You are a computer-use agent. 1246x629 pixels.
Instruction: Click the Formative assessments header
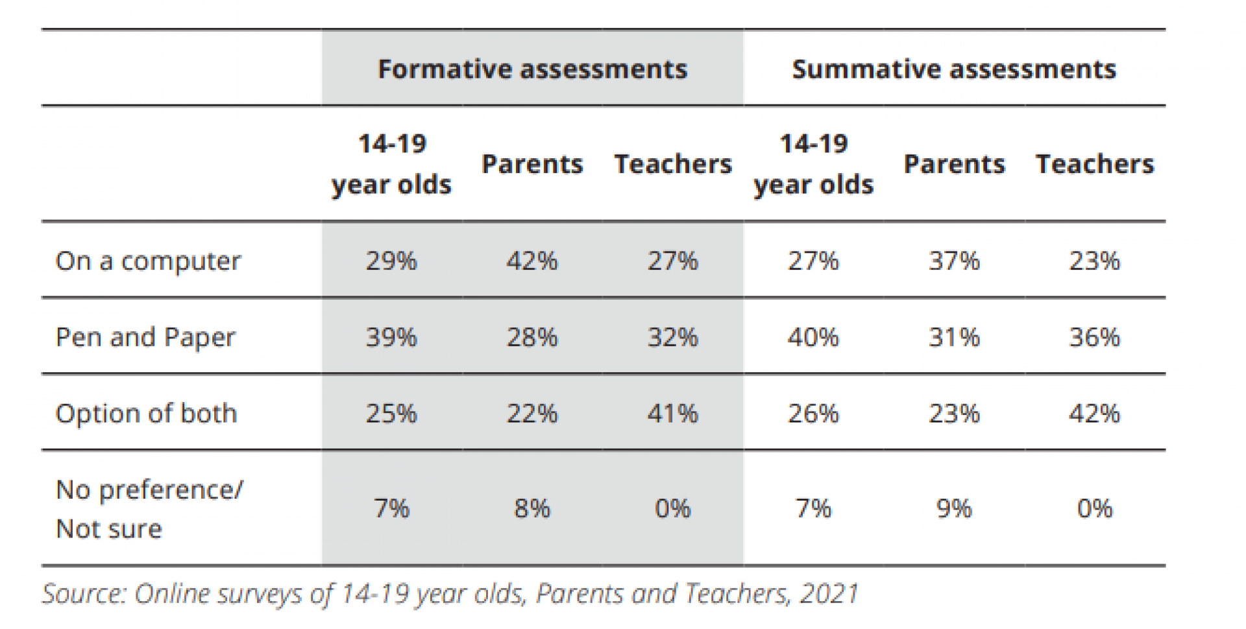coord(532,69)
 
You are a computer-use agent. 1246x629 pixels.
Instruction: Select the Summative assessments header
coord(954,69)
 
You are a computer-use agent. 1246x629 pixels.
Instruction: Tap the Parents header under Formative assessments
coord(532,164)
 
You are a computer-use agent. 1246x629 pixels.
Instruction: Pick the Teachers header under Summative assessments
coord(1095,164)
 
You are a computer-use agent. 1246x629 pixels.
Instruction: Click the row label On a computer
coord(148,261)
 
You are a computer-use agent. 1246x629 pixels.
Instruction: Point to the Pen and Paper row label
coord(145,337)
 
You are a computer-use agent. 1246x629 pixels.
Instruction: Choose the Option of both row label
coord(146,413)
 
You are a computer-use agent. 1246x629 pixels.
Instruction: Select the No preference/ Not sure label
coord(149,508)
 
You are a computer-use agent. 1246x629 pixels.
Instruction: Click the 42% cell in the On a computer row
coord(532,261)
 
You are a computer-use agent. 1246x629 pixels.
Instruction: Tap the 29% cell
coord(391,261)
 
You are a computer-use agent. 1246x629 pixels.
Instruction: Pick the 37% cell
coord(954,261)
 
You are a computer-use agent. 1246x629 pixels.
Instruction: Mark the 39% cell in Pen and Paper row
coord(391,337)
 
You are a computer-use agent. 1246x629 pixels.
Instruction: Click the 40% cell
coord(813,337)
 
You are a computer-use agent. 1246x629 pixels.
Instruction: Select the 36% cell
coord(1095,337)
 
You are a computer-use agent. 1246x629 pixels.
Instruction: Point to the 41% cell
coord(673,413)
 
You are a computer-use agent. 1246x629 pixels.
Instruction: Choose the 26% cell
coord(813,413)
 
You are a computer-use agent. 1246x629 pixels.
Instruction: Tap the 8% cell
coord(532,508)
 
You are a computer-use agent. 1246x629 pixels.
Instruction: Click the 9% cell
coord(954,508)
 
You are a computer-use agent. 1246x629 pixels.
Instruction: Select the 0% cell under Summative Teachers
coord(1095,508)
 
